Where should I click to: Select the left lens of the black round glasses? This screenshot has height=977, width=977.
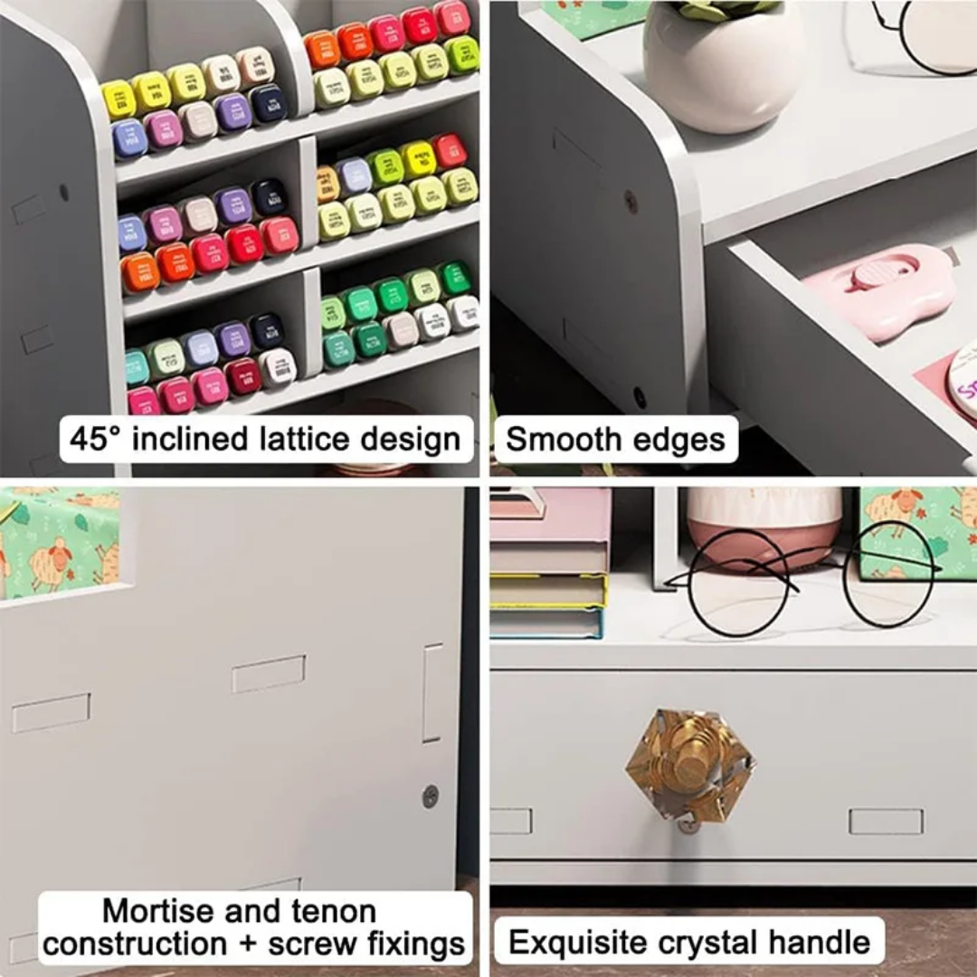(738, 583)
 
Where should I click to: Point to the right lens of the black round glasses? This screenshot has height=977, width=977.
(888, 574)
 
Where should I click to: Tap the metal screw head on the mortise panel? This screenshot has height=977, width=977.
(431, 796)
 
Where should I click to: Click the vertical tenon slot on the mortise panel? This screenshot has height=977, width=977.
(433, 693)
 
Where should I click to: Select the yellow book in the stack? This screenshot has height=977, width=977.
(548, 590)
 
